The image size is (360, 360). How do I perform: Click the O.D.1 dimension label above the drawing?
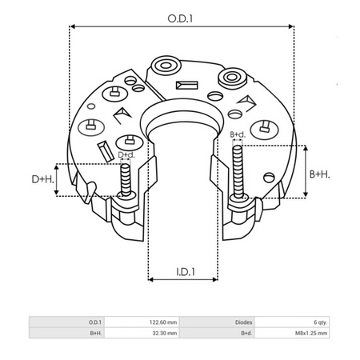pyautogui.click(x=181, y=15)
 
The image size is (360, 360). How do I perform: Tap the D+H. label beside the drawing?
pyautogui.click(x=42, y=181)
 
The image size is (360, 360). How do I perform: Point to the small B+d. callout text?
pyautogui.click(x=238, y=134)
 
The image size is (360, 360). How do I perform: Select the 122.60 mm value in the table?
pyautogui.click(x=161, y=322)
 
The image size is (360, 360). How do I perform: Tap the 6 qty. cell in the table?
pyautogui.click(x=318, y=322)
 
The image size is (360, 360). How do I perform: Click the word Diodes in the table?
pyautogui.click(x=245, y=322)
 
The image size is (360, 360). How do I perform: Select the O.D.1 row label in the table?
pyautogui.click(x=95, y=322)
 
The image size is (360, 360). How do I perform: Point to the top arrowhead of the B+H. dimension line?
pyautogui.click(x=307, y=149)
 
